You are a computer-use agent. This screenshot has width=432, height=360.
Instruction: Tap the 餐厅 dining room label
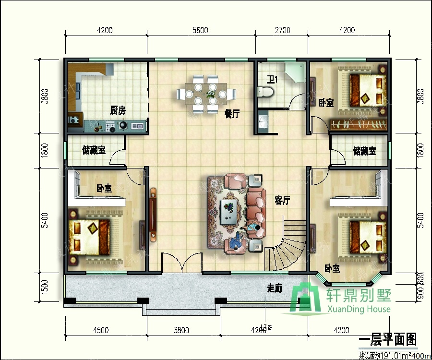click(x=232, y=114)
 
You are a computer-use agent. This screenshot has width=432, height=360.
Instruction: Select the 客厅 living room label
click(x=283, y=200)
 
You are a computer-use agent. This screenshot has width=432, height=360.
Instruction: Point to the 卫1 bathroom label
click(x=272, y=79)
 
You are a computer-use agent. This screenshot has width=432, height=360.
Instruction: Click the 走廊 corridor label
click(x=275, y=288)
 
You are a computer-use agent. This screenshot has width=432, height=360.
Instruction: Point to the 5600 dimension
click(x=200, y=30)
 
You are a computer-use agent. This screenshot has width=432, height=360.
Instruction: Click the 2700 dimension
click(x=283, y=30)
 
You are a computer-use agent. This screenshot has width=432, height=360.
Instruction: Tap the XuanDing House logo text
click(x=359, y=309)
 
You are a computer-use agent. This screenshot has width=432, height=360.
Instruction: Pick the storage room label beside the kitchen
click(x=94, y=151)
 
